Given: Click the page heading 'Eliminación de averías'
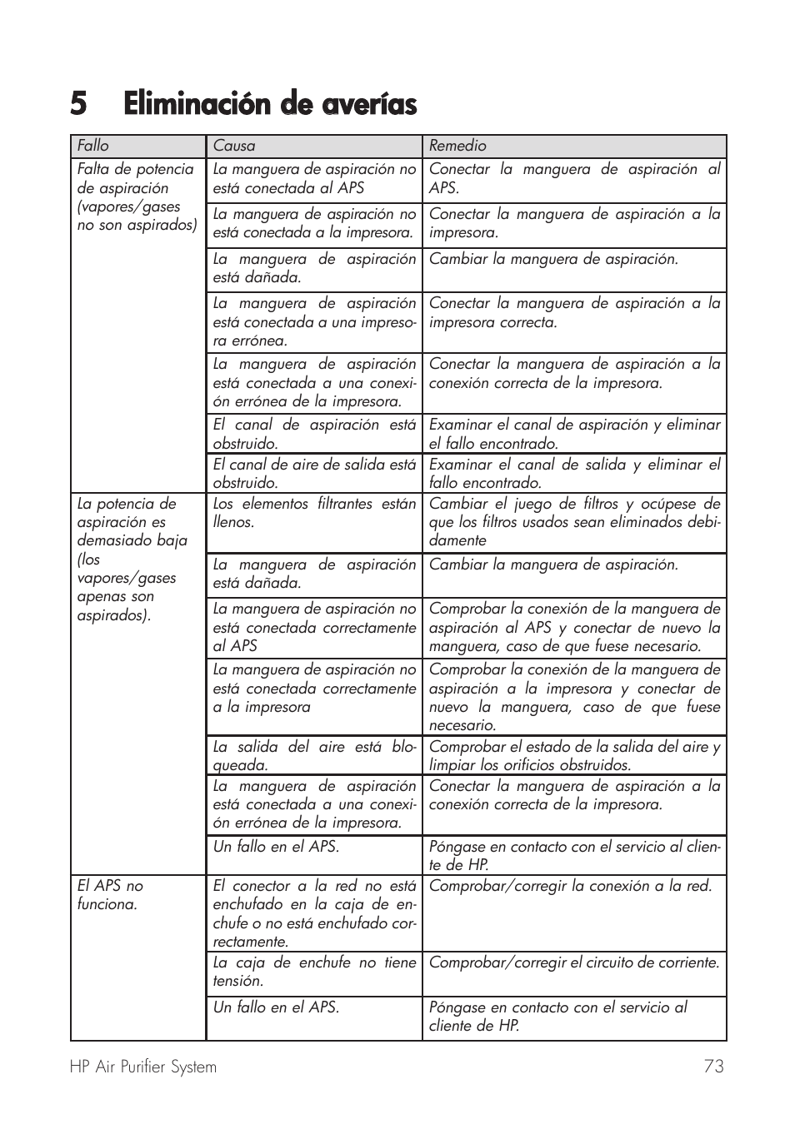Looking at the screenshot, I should [270, 105].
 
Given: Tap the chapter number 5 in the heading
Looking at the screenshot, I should [78, 105].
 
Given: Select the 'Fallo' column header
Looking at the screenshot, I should [93, 146].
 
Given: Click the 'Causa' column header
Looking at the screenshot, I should [234, 146].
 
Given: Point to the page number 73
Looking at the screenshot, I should [713, 1067].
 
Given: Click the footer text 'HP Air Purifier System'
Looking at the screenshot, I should [143, 1067].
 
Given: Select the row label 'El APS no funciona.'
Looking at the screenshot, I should [110, 895].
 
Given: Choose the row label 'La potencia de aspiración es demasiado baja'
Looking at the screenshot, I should [132, 559].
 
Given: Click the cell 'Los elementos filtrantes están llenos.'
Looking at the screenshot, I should [314, 513].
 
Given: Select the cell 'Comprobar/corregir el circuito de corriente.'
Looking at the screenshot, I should [573, 962].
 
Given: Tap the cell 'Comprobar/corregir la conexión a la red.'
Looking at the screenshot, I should [570, 886].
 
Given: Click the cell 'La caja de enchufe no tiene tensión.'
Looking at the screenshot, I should [314, 972].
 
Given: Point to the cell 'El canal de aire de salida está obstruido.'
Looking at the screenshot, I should [314, 474].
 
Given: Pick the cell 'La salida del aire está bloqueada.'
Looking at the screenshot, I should [314, 756].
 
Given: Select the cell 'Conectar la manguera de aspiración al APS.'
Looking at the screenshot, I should [573, 178].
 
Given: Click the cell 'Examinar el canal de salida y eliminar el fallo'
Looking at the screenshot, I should [573, 474].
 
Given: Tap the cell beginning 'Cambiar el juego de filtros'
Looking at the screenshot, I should [573, 522].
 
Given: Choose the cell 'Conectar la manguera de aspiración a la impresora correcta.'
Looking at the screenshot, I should [573, 313].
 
